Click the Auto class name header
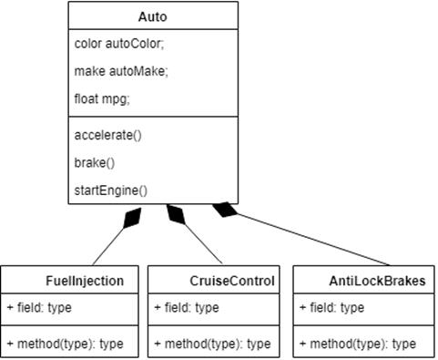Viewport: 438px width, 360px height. [153, 16]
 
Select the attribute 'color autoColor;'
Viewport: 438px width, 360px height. [116, 43]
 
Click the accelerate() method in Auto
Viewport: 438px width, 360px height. [108, 135]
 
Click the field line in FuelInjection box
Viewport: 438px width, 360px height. [39, 308]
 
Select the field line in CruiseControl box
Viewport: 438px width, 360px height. [186, 308]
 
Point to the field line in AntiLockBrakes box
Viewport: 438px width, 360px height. [331, 308]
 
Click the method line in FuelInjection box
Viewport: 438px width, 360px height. [64, 344]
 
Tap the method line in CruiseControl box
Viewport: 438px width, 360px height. [211, 344]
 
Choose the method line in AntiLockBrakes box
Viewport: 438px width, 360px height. [357, 344]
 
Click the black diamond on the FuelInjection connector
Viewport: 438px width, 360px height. [132, 217]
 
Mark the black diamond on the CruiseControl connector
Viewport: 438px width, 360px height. [175, 216]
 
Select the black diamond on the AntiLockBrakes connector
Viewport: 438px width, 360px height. [225, 211]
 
